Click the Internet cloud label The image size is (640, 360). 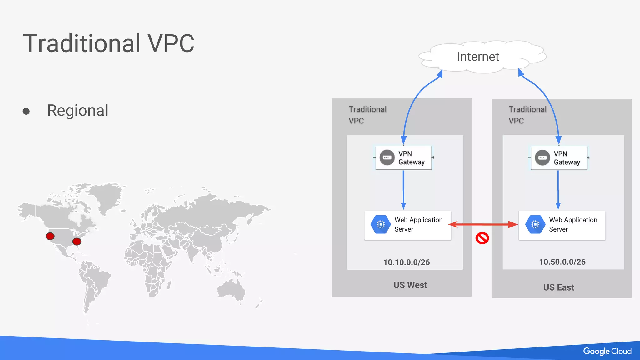click(478, 57)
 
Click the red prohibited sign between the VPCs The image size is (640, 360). click(482, 238)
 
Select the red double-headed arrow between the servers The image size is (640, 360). click(483, 224)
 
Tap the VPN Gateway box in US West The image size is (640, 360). click(403, 158)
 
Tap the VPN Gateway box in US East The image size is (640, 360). click(559, 158)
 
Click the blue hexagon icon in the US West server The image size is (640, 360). click(380, 224)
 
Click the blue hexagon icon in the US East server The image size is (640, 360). click(535, 224)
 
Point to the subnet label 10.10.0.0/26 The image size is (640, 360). click(406, 262)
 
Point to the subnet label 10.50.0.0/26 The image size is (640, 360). click(562, 262)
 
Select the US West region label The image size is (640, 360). click(410, 285)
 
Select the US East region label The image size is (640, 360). click(558, 287)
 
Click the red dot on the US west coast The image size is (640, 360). click(50, 236)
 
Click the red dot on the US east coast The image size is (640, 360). click(77, 241)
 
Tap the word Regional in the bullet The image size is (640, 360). click(78, 110)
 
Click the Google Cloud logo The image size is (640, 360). click(607, 351)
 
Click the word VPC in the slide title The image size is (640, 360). click(171, 43)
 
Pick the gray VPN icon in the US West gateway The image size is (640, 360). click(387, 157)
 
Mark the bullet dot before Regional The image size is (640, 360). click(26, 111)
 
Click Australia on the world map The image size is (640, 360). click(231, 289)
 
